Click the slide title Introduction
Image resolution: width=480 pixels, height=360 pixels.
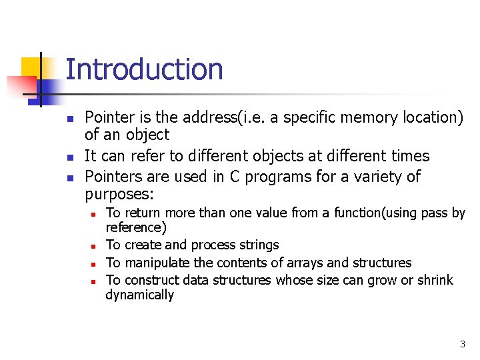point(144,69)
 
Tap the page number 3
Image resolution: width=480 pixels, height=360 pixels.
point(462,344)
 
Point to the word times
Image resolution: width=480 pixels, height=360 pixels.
point(408,156)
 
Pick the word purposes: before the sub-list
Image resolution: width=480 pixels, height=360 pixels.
point(119,195)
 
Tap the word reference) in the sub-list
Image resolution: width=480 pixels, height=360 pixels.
point(136,228)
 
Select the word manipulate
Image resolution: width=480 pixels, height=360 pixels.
point(157,263)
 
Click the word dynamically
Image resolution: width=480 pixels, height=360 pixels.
point(139,295)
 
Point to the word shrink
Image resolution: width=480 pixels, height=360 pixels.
point(435,280)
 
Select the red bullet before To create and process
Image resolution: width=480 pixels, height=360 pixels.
point(95,246)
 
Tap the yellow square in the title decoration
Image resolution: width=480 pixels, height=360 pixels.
point(31,67)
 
